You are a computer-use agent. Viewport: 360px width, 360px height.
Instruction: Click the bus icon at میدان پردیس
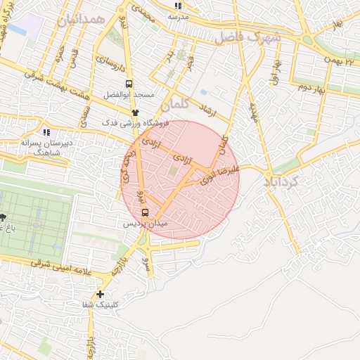coord(145,212)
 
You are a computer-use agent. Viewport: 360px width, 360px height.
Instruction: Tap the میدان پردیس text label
coord(146,223)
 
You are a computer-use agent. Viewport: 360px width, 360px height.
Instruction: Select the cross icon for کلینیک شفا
coord(100,294)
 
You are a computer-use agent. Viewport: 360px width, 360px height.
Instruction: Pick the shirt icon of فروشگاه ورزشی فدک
coord(136,112)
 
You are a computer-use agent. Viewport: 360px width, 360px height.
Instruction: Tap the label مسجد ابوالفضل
coord(139,94)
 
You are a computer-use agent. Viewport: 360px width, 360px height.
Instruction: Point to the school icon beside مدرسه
coord(176,6)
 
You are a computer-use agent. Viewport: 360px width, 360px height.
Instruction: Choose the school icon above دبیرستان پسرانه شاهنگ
coord(46,131)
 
